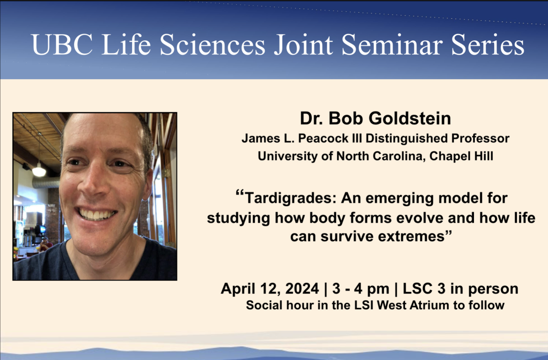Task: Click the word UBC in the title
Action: click(62, 45)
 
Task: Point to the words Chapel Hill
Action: click(461, 156)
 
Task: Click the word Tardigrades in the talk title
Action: click(290, 198)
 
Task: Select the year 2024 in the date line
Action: click(302, 289)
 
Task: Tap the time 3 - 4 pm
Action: click(361, 289)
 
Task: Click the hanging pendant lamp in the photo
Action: click(39, 171)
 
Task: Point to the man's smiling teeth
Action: click(96, 214)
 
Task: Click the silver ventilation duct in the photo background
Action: click(45, 182)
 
